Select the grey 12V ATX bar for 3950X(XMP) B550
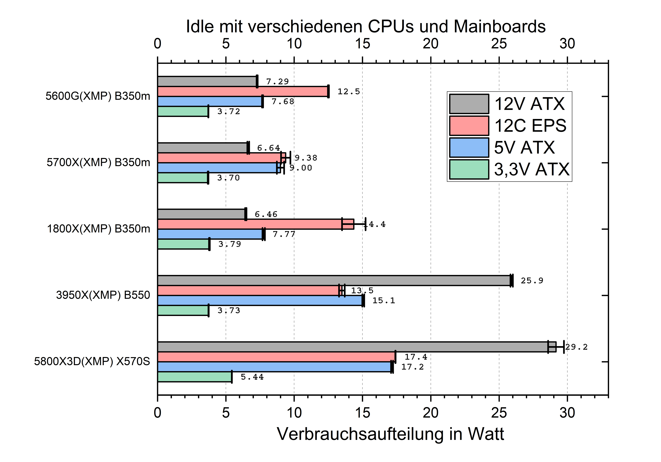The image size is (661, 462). (334, 281)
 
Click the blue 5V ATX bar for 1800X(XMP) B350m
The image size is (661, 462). (210, 234)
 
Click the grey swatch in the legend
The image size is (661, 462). (469, 104)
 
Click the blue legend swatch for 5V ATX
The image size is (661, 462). (469, 147)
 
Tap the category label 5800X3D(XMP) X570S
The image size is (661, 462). (92, 361)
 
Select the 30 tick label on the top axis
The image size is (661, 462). (567, 44)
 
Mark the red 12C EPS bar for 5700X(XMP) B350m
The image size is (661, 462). (220, 158)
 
